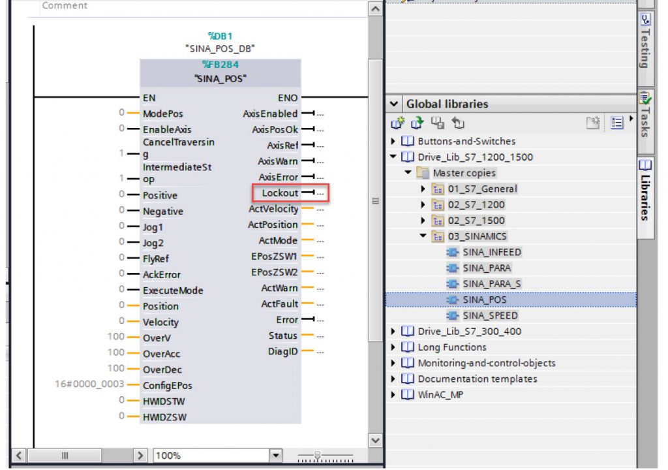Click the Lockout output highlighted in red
click(280, 193)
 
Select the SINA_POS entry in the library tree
click(485, 300)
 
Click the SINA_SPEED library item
click(491, 315)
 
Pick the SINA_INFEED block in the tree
click(492, 252)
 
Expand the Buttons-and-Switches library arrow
click(393, 141)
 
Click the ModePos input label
click(162, 114)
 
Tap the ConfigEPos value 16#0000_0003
click(89, 384)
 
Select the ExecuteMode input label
click(173, 290)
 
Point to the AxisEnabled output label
click(270, 114)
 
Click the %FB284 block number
click(220, 65)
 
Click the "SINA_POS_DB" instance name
click(220, 48)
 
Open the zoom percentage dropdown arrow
click(276, 456)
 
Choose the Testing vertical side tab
click(645, 42)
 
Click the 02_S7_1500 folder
click(476, 221)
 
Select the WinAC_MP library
click(440, 395)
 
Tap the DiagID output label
click(282, 352)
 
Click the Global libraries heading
click(447, 104)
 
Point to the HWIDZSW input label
click(164, 417)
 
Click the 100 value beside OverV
click(116, 336)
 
